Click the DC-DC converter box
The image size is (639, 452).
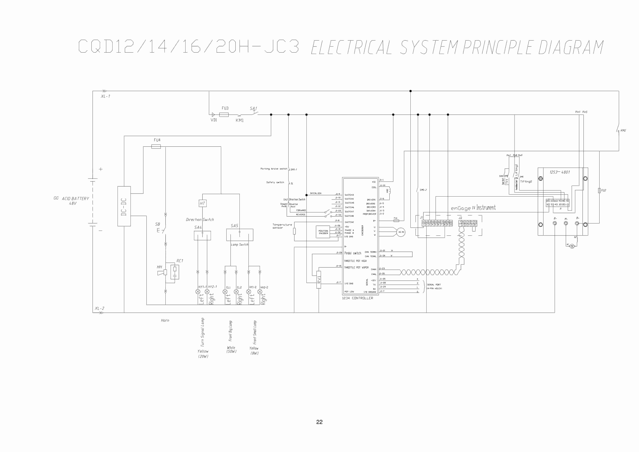coord(124,206)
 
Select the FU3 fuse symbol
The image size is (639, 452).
coord(224,115)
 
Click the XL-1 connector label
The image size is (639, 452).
coord(105,96)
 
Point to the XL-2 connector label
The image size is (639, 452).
coord(99,308)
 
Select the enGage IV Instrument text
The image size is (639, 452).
coord(473,208)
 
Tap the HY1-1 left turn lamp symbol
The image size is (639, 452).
coord(198,292)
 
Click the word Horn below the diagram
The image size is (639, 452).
coord(165,320)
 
